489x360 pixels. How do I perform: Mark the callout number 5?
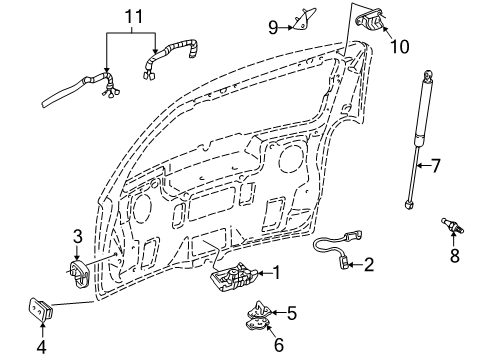[292, 313]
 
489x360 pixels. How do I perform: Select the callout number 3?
[77, 237]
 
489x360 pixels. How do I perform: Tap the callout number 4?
[42, 347]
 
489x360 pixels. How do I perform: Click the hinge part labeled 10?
[370, 21]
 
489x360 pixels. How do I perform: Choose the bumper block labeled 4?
[43, 309]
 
